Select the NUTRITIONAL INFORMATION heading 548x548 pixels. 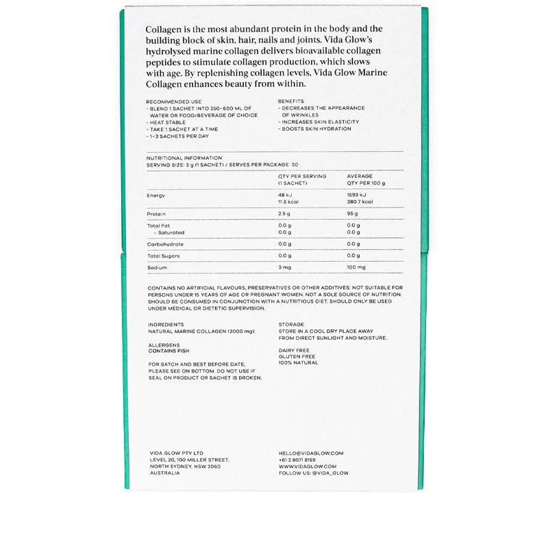pos(184,158)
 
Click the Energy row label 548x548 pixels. pos(155,195)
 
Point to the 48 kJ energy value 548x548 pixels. pos(285,195)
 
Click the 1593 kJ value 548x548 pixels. pos(358,195)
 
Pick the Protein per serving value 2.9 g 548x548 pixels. pos(284,214)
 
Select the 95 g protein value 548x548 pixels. pos(353,214)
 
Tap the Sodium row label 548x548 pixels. pos(157,267)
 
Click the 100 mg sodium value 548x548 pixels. pos(357,267)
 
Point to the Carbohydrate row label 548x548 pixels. pos(164,244)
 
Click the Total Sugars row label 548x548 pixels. pos(163,256)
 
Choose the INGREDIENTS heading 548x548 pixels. pos(165,324)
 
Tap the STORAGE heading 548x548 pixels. pos(291,324)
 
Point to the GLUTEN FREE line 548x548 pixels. pos(297,356)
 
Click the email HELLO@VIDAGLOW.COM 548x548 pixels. pos(311,453)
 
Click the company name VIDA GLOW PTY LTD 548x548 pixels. pos(176,453)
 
